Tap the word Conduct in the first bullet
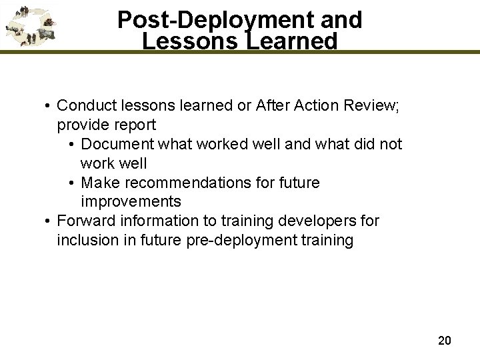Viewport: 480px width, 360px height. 85,106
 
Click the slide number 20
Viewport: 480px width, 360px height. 445,341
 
